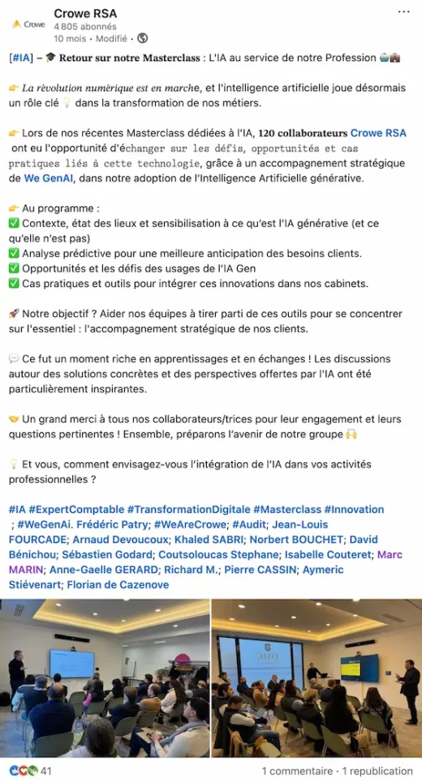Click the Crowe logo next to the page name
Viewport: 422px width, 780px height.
[28, 24]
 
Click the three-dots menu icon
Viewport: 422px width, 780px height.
[403, 12]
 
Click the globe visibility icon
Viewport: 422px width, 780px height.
[144, 38]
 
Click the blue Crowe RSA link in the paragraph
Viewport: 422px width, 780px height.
[377, 133]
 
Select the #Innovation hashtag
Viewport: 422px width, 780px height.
[354, 509]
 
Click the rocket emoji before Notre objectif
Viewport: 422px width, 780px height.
[14, 314]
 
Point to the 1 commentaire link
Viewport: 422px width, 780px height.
[297, 770]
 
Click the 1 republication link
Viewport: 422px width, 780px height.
[377, 770]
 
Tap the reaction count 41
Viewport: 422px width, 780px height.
[46, 770]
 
